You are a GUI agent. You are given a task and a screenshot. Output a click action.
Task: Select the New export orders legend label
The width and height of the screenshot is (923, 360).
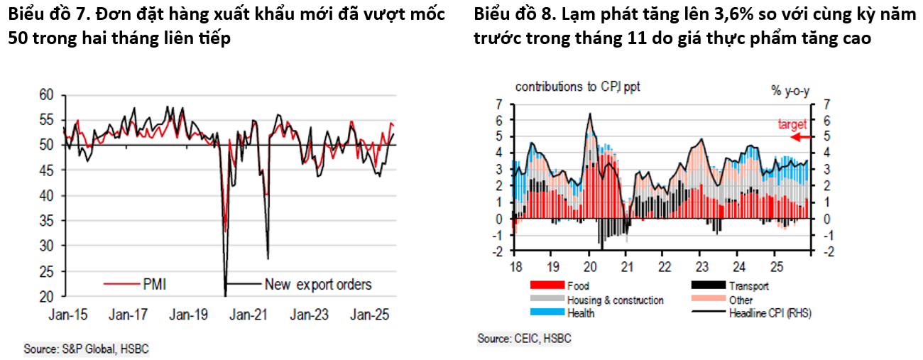pyautogui.click(x=317, y=285)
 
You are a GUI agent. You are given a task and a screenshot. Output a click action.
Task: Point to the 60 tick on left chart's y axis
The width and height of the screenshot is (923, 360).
pyautogui.click(x=46, y=94)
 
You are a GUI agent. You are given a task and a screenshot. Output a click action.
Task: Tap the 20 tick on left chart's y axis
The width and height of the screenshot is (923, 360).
pyautogui.click(x=46, y=296)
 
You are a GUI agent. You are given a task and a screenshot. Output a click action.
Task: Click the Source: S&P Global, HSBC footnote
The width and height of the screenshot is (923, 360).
pyautogui.click(x=87, y=349)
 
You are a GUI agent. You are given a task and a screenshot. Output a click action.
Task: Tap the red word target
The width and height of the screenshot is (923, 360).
pyautogui.click(x=792, y=124)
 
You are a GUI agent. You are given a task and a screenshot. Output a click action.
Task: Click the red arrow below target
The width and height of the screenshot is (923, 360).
pyautogui.click(x=802, y=137)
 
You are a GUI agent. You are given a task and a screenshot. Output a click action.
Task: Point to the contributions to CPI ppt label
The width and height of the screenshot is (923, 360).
pyautogui.click(x=578, y=87)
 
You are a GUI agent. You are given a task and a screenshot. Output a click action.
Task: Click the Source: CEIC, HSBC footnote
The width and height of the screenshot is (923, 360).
pyautogui.click(x=524, y=339)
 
